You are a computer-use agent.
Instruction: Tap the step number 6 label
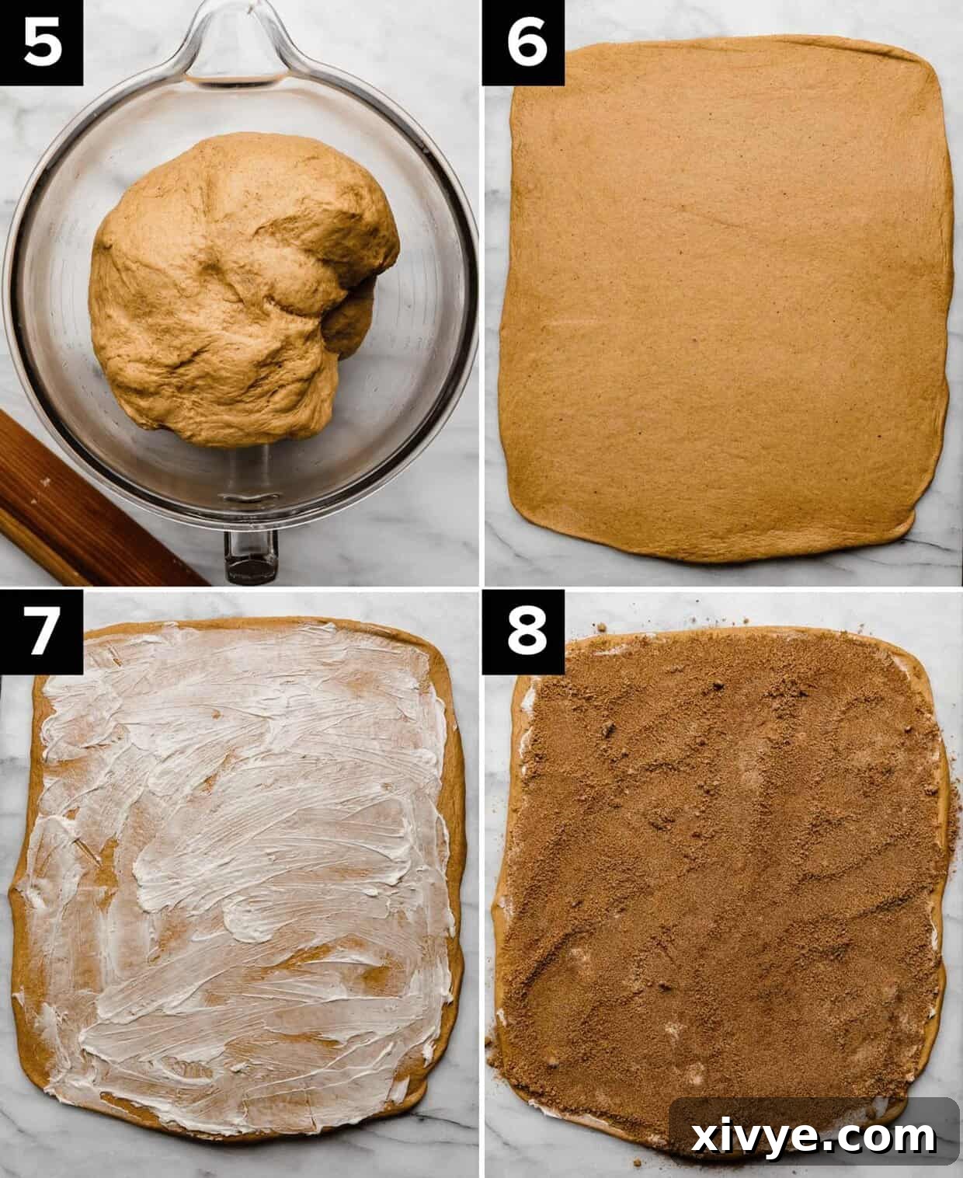click(523, 43)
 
